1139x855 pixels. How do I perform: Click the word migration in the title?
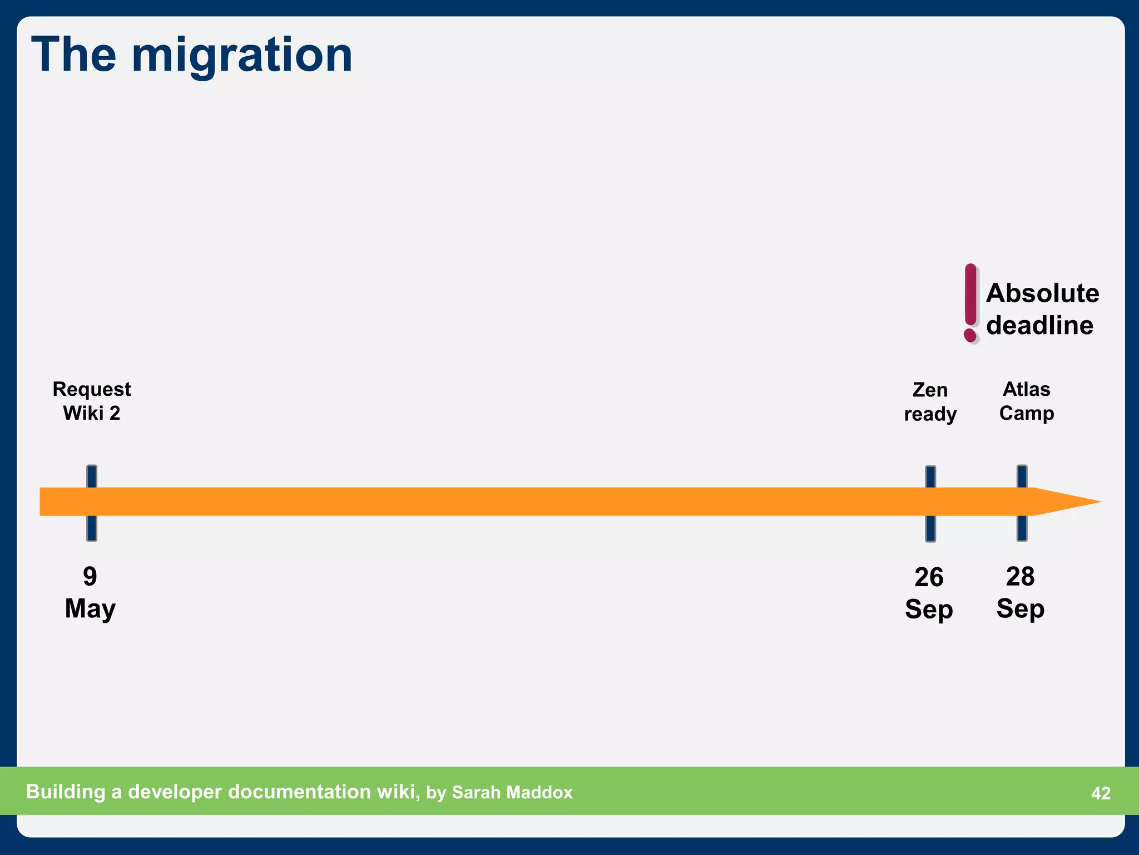coord(242,56)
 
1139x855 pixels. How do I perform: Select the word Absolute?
coord(1042,293)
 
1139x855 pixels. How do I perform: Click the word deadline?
coord(1039,326)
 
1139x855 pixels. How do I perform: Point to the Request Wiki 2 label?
coord(92,401)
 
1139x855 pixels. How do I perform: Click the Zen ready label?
coord(930,402)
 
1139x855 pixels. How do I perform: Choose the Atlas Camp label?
coord(1026,401)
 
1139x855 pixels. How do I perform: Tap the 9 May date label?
coord(90,592)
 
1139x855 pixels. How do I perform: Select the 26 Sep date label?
coord(929,593)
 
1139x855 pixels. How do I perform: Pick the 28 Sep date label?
coord(1020,592)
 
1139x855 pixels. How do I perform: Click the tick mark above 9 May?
coord(92,476)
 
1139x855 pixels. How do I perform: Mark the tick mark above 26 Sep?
coord(930,476)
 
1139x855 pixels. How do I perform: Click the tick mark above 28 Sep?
coord(1022,476)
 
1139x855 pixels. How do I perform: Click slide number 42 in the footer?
coord(1101,793)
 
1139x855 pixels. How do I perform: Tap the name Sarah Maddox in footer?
coord(512,793)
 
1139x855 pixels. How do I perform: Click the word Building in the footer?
coord(66,792)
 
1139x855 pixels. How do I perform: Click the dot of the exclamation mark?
coord(970,335)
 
